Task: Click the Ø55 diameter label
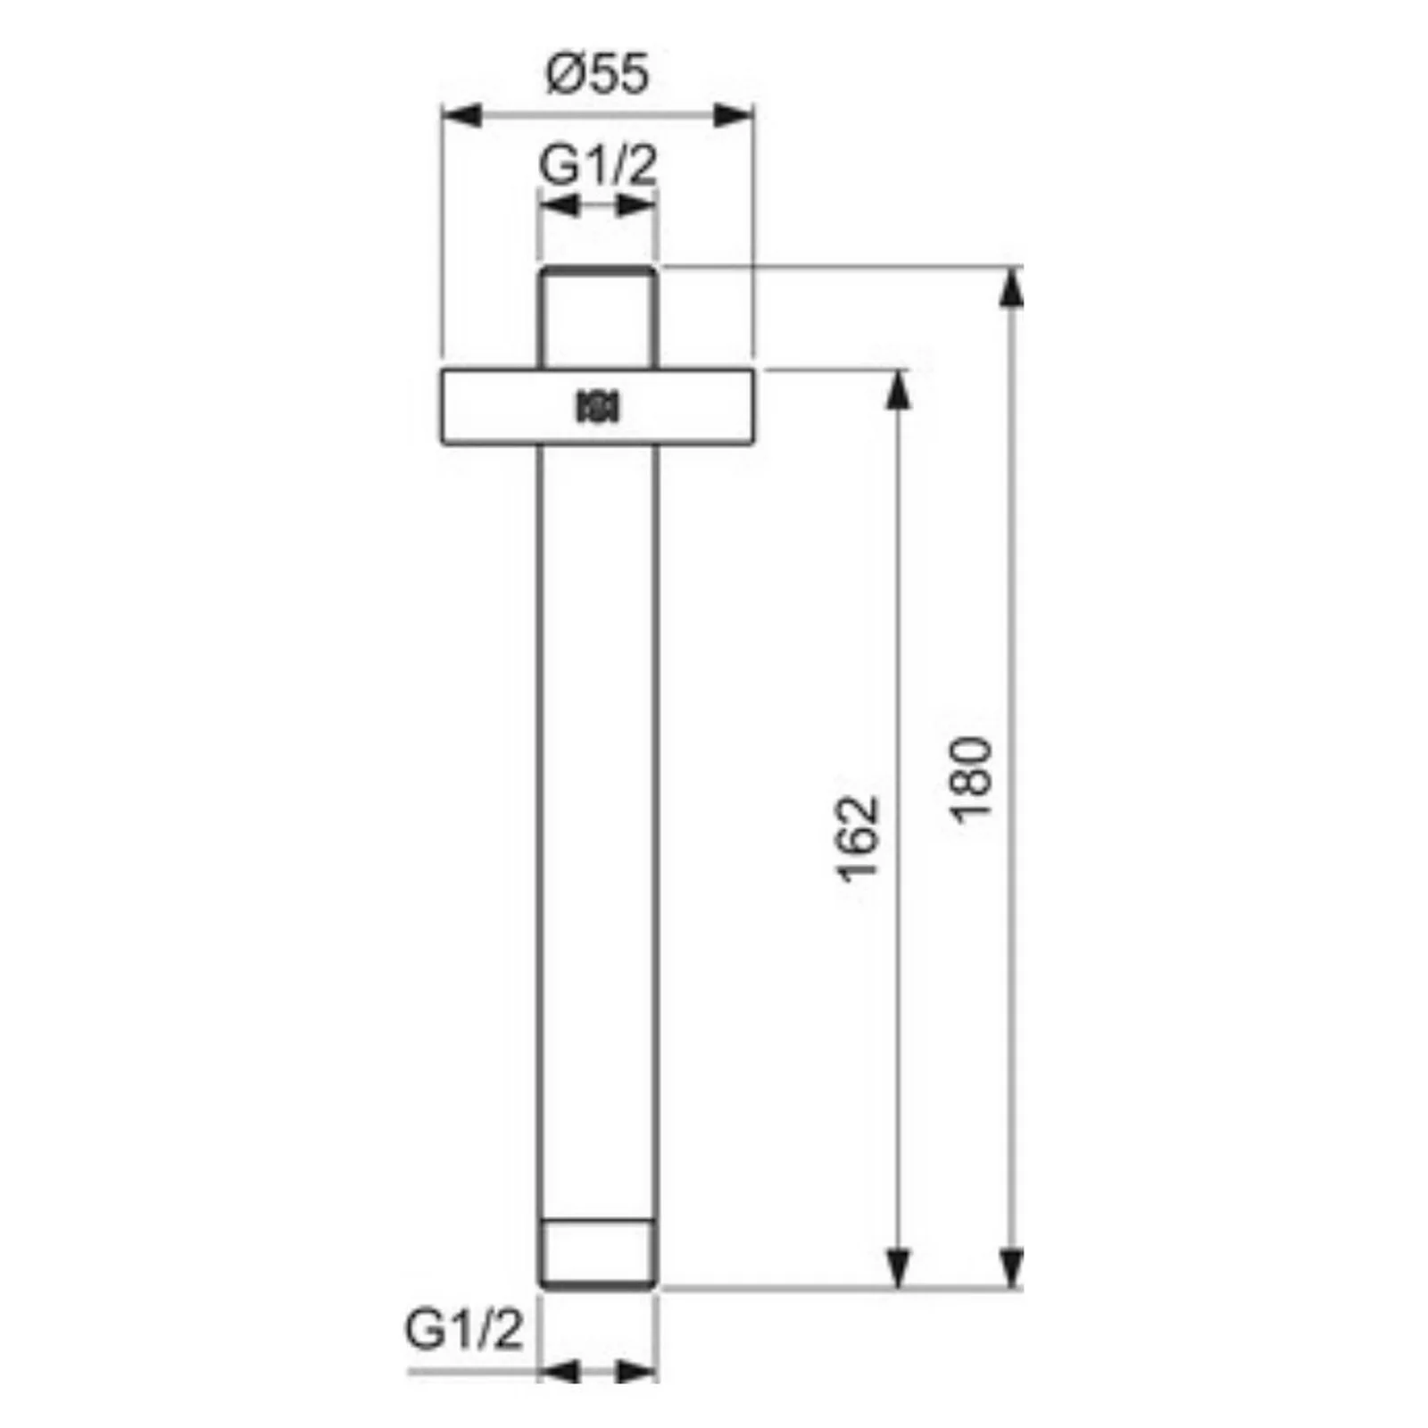click(x=597, y=74)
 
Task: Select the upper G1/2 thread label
click(x=598, y=165)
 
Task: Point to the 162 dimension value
click(x=859, y=838)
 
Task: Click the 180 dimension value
click(x=971, y=776)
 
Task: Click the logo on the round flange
click(x=598, y=407)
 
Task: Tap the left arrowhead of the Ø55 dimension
click(x=462, y=116)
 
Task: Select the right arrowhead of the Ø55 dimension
click(x=734, y=116)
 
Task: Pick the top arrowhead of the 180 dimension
click(x=1010, y=287)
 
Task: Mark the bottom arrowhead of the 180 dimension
click(x=1010, y=1268)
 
